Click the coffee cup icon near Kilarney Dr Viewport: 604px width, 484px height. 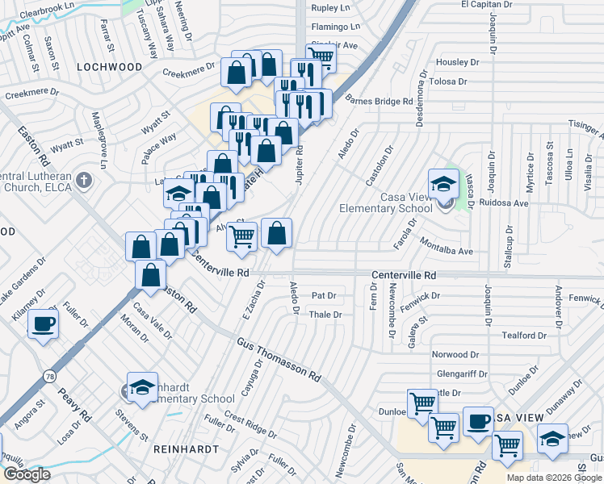pyautogui.click(x=44, y=324)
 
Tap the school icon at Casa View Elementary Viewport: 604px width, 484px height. pyautogui.click(x=443, y=184)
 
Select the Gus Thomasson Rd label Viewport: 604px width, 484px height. pyautogui.click(x=279, y=358)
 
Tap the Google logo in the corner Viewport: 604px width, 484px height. pyautogui.click(x=26, y=474)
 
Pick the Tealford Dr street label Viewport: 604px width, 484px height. pyautogui.click(x=524, y=335)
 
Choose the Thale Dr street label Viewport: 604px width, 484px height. pyautogui.click(x=325, y=315)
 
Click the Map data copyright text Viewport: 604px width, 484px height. pyautogui.click(x=554, y=478)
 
